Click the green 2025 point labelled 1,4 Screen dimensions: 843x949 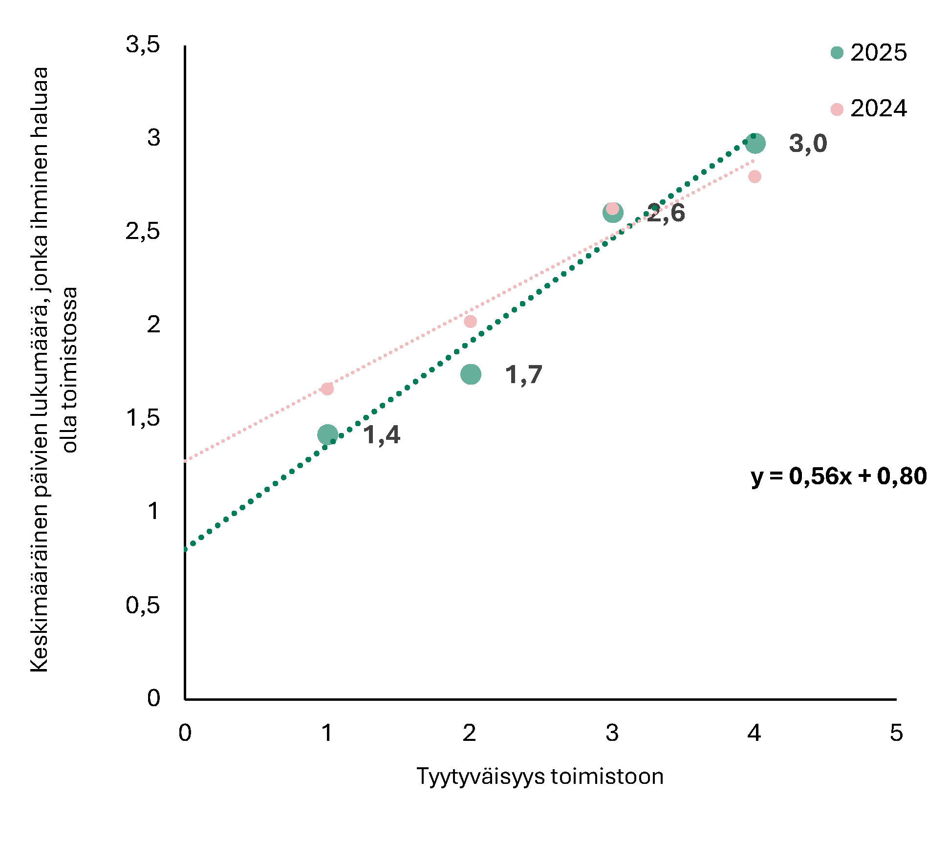click(327, 434)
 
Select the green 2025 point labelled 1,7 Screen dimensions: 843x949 click(471, 374)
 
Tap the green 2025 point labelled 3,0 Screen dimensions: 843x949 click(755, 144)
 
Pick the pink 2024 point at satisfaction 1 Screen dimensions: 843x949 click(327, 389)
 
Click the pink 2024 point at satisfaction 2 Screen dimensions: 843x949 click(470, 322)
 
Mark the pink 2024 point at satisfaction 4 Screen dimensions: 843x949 click(755, 176)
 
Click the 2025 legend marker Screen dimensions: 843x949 click(837, 53)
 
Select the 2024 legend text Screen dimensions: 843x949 click(878, 108)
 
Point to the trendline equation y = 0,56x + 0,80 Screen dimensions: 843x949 click(839, 476)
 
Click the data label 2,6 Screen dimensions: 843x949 click(666, 214)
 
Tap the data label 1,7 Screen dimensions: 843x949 click(524, 375)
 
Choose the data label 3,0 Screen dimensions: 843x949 click(808, 144)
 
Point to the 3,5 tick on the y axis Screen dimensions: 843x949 click(143, 45)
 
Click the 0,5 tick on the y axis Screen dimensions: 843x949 click(143, 605)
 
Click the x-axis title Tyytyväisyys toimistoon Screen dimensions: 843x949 click(540, 777)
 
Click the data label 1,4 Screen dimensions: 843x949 click(382, 435)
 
